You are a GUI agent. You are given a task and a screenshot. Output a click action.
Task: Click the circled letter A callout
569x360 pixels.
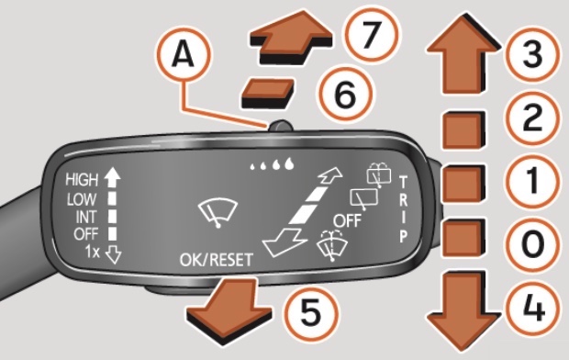pyautogui.click(x=184, y=55)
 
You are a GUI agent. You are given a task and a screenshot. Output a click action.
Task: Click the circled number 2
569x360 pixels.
pyautogui.click(x=531, y=118)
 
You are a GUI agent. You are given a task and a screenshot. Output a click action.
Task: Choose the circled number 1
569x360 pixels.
pyautogui.click(x=532, y=181)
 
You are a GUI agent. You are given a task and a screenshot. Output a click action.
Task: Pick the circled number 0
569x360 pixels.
pyautogui.click(x=532, y=244)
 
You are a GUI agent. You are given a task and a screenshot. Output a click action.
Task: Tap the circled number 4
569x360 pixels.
pyautogui.click(x=533, y=309)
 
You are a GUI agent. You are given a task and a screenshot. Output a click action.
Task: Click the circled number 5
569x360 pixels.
pyautogui.click(x=310, y=313)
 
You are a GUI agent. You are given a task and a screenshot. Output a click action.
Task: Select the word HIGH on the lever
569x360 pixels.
pyautogui.click(x=82, y=179)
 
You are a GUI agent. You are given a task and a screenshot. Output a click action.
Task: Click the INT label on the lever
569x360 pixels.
pyautogui.click(x=86, y=218)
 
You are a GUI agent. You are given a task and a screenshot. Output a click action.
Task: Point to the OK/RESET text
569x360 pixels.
pyautogui.click(x=217, y=260)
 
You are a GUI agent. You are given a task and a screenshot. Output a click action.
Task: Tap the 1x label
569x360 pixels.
pyautogui.click(x=92, y=252)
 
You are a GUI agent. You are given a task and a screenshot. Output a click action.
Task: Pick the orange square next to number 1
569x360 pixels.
pyautogui.click(x=463, y=183)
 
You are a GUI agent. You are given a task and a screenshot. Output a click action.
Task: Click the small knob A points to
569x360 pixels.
pyautogui.click(x=280, y=127)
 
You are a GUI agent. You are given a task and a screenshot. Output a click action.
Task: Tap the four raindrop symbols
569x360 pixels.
pyautogui.click(x=272, y=164)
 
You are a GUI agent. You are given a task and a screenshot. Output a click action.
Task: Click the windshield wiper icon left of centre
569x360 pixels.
pyautogui.click(x=218, y=213)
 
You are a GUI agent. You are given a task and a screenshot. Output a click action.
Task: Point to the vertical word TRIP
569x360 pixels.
pyautogui.click(x=403, y=209)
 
